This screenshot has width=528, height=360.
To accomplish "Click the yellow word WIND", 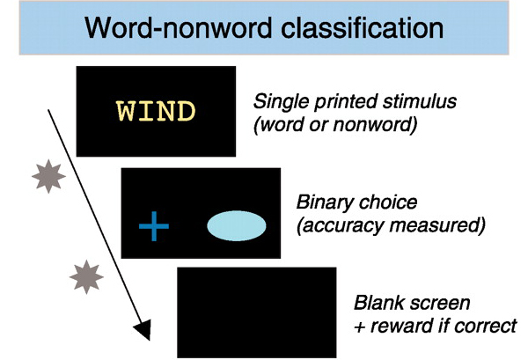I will pyautogui.click(x=155, y=112).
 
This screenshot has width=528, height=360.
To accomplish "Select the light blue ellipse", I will pyautogui.click(x=236, y=226).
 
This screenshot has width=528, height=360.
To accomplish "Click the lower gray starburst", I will pyautogui.click(x=85, y=277).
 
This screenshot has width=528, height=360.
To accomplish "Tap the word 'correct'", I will pyautogui.click(x=483, y=326).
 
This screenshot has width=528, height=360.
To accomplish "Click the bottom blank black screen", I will pyautogui.click(x=255, y=312).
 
